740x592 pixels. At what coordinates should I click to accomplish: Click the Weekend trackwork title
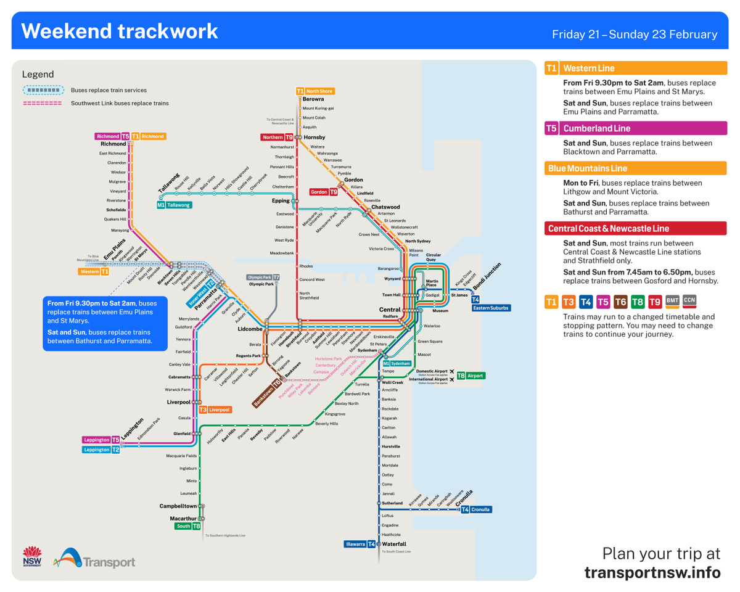(120, 31)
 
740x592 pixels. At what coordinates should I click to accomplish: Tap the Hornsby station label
(314, 137)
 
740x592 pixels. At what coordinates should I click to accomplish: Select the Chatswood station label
(385, 207)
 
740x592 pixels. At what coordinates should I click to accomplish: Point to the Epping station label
(281, 200)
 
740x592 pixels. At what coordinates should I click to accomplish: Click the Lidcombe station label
(250, 329)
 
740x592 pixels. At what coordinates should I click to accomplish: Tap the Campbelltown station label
(178, 506)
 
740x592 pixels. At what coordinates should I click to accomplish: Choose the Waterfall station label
(394, 544)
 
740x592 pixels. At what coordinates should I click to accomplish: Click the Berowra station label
(313, 99)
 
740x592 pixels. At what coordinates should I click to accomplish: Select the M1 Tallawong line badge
(173, 205)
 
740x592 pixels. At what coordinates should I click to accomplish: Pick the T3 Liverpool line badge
(215, 409)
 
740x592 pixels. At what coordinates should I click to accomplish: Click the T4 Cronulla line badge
(477, 509)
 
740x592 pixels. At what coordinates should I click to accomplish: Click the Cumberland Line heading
(596, 128)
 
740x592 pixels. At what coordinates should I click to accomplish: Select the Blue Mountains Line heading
(587, 168)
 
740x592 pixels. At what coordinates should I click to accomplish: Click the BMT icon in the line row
(672, 301)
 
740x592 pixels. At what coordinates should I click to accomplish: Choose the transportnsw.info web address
(652, 573)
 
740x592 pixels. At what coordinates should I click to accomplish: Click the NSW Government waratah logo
(31, 556)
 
